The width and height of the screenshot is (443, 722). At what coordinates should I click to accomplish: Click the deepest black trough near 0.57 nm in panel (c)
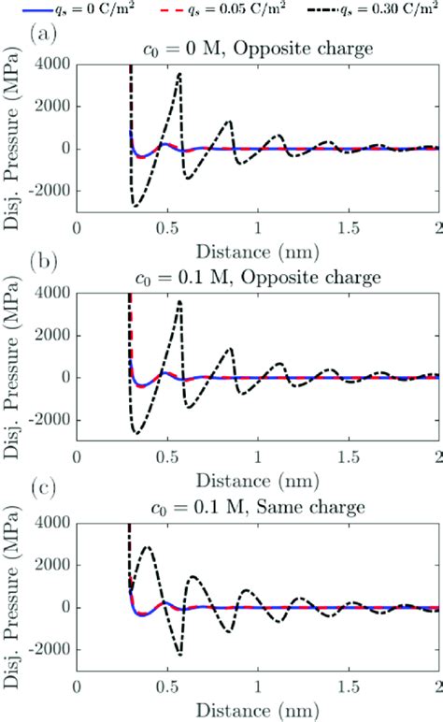(179, 654)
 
